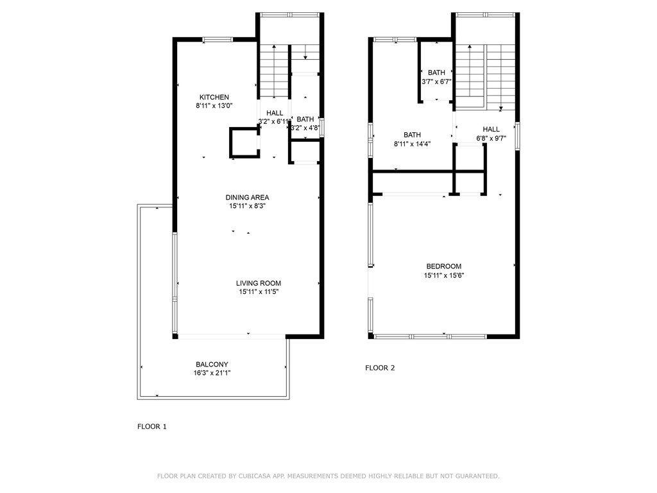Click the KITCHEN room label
(x=214, y=97)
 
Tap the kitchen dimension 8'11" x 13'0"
(x=214, y=105)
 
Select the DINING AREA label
(x=247, y=197)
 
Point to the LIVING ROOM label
(x=258, y=283)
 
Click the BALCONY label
(x=212, y=364)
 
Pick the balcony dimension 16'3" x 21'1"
(x=212, y=373)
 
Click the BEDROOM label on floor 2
(x=443, y=266)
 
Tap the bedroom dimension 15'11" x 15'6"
(x=443, y=275)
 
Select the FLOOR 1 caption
(x=152, y=426)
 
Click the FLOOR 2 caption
(x=380, y=368)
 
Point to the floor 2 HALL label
(x=491, y=129)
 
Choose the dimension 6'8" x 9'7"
(x=491, y=138)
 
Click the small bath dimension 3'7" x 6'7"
(x=436, y=82)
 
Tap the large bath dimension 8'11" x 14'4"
(x=412, y=144)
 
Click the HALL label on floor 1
(x=275, y=113)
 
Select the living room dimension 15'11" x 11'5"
(x=258, y=292)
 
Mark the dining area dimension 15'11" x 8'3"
(x=247, y=206)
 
